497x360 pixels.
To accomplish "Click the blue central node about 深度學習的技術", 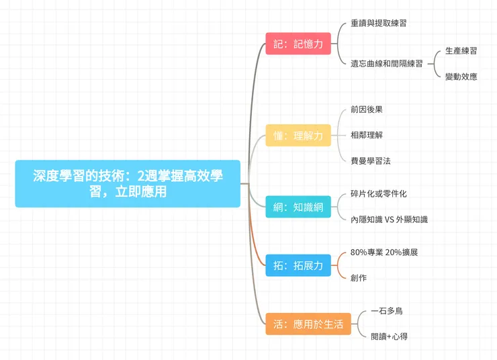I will (x=128, y=183).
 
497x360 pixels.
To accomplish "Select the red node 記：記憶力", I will (x=298, y=44).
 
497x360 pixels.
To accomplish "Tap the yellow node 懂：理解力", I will (x=298, y=136).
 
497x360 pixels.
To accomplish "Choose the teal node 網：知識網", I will (x=298, y=207).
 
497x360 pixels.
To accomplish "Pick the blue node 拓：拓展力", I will (x=298, y=265).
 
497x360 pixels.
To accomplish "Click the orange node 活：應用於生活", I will (x=308, y=324).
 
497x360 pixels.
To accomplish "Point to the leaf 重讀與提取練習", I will (x=379, y=23).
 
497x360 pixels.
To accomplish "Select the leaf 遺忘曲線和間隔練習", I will (x=387, y=64).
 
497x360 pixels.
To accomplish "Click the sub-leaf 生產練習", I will (x=461, y=50).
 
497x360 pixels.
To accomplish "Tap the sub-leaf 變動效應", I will (x=461, y=77).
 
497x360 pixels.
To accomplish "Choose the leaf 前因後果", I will (x=367, y=109).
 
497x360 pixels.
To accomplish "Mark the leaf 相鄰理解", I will (x=367, y=135).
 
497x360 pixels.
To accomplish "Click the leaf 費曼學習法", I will (x=371, y=161).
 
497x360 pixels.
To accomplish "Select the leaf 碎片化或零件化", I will (x=379, y=193).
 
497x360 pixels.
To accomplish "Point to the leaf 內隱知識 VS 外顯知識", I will (x=389, y=220).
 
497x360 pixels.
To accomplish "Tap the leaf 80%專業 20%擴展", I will (x=389, y=252).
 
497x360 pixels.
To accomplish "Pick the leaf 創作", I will (x=359, y=277).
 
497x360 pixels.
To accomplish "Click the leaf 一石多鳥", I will (x=387, y=311).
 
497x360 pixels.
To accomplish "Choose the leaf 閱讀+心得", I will (x=389, y=336).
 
